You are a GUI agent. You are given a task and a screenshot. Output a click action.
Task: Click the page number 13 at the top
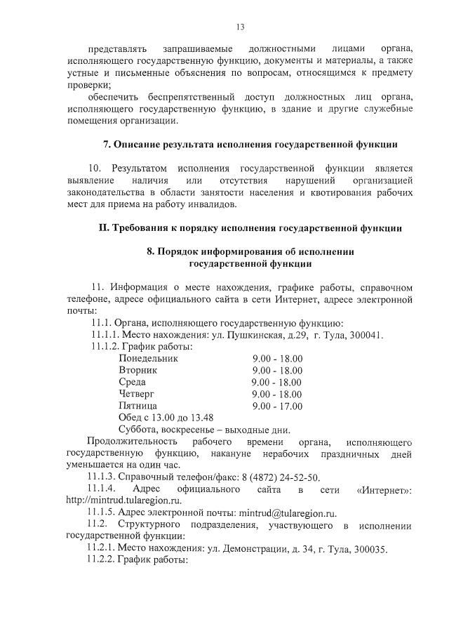(240, 27)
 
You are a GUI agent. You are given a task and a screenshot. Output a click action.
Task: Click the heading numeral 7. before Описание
(107, 145)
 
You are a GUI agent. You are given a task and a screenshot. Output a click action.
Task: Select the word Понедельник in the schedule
(149, 359)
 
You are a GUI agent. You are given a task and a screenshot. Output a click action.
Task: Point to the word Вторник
(138, 370)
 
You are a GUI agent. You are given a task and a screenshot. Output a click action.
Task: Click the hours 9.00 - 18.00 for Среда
(277, 383)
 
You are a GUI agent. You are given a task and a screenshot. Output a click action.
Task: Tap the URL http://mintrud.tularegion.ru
(123, 501)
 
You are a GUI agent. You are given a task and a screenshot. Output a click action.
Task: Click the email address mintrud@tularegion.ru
(288, 513)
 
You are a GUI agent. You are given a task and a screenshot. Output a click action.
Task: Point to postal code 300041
(365, 335)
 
